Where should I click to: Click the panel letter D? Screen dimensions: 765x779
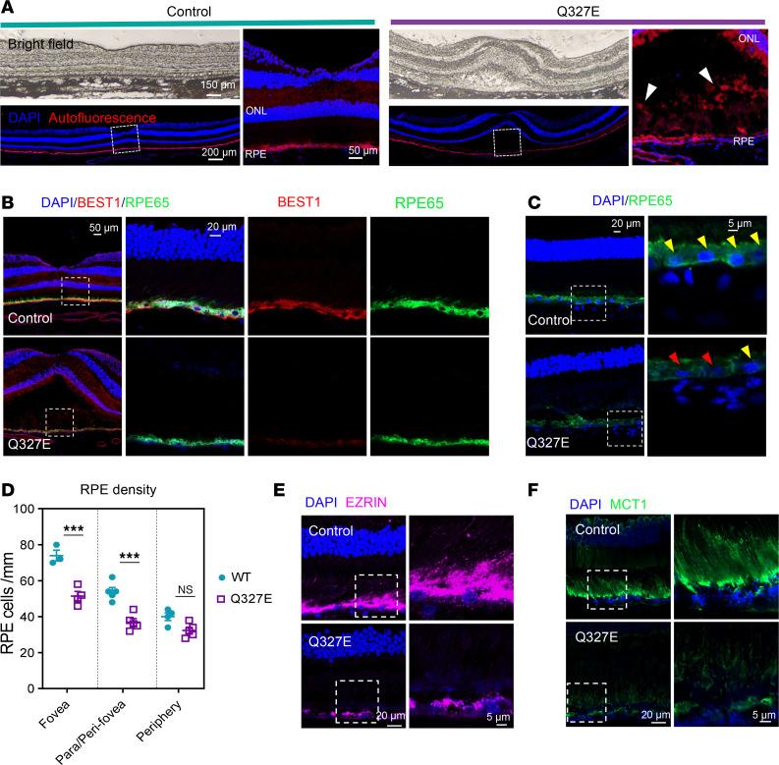click(x=9, y=488)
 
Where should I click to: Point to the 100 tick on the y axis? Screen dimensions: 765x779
click(x=39, y=509)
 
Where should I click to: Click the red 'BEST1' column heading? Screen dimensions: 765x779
click(x=306, y=206)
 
